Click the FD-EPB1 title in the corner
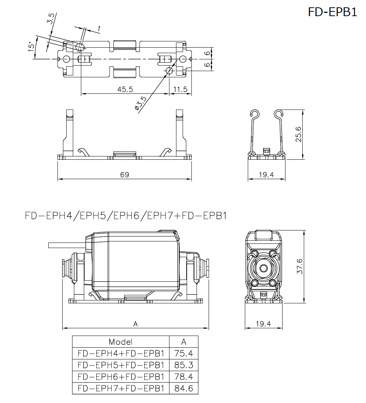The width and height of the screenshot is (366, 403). [332, 12]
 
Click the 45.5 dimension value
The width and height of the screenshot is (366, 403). [125, 89]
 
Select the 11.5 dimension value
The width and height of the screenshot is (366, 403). [180, 89]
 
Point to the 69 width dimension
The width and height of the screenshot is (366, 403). [124, 175]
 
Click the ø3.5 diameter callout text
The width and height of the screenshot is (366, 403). [141, 103]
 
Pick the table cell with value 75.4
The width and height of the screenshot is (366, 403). [184, 354]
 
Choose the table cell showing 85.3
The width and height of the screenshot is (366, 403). [184, 365]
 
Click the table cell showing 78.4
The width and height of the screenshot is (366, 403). [184, 377]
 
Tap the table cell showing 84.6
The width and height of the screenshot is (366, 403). [184, 388]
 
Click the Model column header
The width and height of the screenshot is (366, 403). [120, 342]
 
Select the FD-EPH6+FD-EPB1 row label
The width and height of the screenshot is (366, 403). [121, 377]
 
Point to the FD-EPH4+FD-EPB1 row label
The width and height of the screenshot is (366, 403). [121, 354]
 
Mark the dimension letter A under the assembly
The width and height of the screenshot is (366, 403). [135, 324]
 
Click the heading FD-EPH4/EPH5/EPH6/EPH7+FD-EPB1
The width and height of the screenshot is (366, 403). [126, 215]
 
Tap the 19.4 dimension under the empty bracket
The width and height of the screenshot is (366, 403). [266, 175]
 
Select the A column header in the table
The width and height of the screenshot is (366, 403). [184, 342]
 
